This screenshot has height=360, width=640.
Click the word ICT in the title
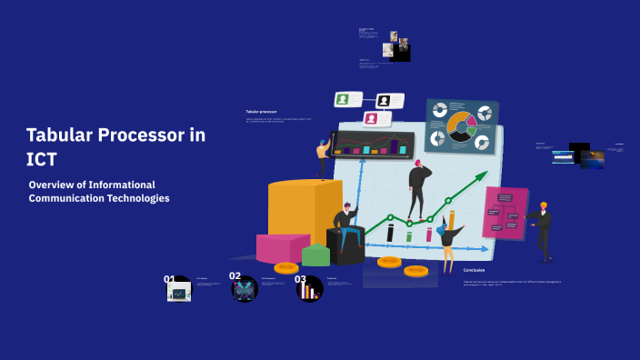[x=42, y=158]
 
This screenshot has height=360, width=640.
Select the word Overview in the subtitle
[x=54, y=184]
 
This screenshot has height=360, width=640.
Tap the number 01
[x=169, y=279]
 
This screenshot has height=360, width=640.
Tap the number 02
[x=235, y=275]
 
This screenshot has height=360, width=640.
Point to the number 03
[x=300, y=279]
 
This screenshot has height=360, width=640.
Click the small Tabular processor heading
[x=261, y=112]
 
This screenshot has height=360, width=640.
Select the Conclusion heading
[x=474, y=270]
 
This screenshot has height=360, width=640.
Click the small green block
[x=315, y=255]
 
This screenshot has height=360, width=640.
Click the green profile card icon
[x=343, y=99]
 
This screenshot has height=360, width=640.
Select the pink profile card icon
[x=371, y=119]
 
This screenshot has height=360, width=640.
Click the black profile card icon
[x=384, y=100]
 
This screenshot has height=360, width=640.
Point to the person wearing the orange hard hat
[x=543, y=226]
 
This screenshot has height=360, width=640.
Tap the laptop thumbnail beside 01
[x=179, y=292]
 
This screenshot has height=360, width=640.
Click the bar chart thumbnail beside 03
[x=311, y=291]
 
